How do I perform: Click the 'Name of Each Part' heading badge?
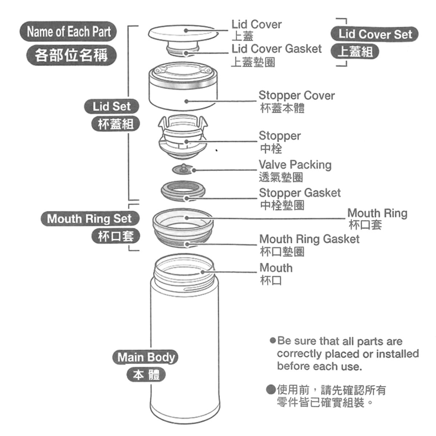point(69,32)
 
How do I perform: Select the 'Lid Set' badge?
point(111,106)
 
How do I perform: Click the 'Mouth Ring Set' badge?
point(89,219)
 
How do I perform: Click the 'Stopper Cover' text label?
point(296,96)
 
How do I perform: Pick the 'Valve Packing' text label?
point(295,165)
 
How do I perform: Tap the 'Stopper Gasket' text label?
point(300,193)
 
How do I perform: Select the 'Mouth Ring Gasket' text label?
point(309,239)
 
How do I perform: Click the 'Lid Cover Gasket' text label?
point(276,49)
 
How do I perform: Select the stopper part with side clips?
point(183,136)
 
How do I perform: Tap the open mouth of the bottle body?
point(184,267)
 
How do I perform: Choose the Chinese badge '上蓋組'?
point(355,51)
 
